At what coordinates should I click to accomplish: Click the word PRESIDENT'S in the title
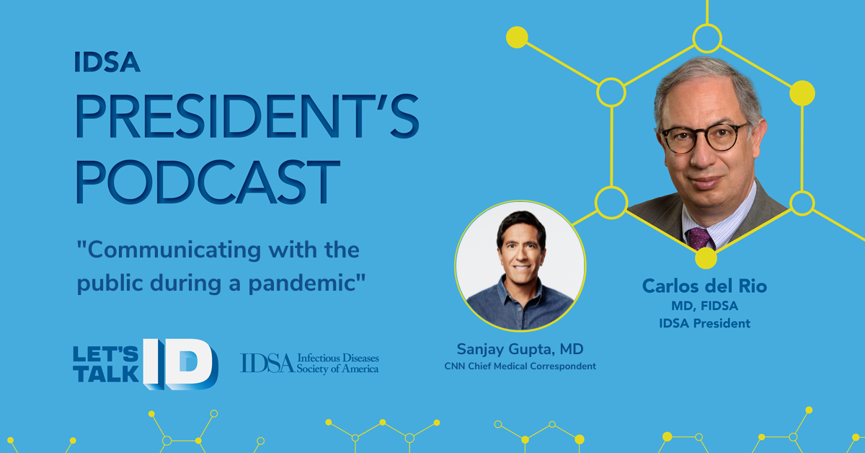(x=247, y=116)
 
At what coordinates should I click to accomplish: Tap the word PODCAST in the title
(x=208, y=182)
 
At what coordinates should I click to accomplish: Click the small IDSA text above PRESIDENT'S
(x=107, y=62)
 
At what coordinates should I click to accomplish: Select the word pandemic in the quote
(x=301, y=283)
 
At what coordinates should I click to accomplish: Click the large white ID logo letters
(x=180, y=364)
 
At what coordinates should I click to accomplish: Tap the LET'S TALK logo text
(x=106, y=364)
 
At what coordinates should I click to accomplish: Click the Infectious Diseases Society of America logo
(x=309, y=364)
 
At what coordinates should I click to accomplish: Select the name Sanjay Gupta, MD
(x=520, y=349)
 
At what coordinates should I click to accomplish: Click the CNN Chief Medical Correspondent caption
(x=520, y=366)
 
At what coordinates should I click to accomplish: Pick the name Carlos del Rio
(x=704, y=286)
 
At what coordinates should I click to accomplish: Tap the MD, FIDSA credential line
(x=704, y=306)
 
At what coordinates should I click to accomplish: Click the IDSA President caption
(x=704, y=323)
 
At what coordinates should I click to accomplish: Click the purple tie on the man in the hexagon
(x=699, y=239)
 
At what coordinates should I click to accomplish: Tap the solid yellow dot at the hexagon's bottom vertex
(x=706, y=258)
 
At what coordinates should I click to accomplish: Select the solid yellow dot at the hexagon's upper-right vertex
(x=802, y=93)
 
